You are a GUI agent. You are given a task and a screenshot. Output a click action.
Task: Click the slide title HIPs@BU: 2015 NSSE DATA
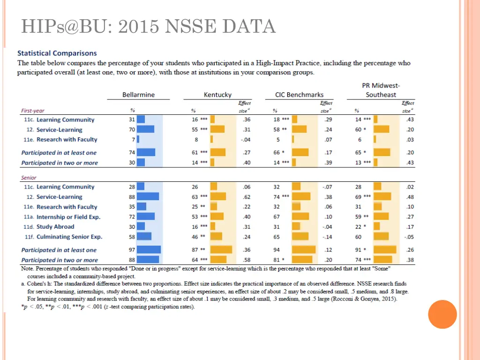point(148,27)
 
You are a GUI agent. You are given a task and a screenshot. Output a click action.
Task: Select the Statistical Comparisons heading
point(57,53)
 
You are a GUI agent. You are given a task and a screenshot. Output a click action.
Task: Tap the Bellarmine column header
point(138,95)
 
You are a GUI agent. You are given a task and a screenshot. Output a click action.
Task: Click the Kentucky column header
point(217,95)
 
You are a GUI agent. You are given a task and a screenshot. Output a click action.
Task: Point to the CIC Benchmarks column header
point(299,95)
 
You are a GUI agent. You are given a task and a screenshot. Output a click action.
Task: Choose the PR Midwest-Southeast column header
point(381,90)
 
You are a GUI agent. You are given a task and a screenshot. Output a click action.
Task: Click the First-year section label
point(33,111)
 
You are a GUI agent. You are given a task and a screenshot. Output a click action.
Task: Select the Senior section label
point(29,178)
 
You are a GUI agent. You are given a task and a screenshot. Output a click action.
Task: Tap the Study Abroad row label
point(55,227)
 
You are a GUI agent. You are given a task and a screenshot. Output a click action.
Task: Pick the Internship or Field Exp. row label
point(68,217)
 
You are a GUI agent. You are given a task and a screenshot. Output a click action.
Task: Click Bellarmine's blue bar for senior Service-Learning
point(148,197)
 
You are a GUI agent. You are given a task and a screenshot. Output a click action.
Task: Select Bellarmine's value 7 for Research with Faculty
point(133,140)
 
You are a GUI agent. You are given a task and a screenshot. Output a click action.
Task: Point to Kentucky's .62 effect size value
point(247,197)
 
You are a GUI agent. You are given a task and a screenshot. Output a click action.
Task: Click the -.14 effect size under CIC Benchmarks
point(327,237)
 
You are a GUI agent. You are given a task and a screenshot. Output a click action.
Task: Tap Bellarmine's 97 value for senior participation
point(132,250)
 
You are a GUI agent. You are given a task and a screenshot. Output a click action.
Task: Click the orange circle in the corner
point(442,314)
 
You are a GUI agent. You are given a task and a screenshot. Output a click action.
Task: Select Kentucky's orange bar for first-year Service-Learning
point(217,130)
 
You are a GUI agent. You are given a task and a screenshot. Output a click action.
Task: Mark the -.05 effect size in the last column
point(409,237)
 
